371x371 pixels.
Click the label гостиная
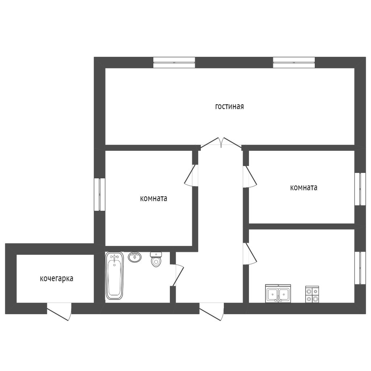click(x=229, y=107)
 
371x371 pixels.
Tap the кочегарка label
click(x=57, y=279)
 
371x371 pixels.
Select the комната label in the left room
click(x=154, y=198)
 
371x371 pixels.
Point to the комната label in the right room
click(x=304, y=188)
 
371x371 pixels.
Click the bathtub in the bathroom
click(x=114, y=276)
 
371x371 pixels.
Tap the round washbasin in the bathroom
click(x=135, y=257)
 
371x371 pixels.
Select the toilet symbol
click(x=156, y=259)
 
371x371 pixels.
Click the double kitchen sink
click(x=278, y=293)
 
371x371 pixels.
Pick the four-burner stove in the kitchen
click(x=312, y=294)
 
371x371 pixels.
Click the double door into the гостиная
click(x=221, y=143)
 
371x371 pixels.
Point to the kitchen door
click(x=250, y=254)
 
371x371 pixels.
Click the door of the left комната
click(x=191, y=175)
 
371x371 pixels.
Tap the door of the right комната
click(x=250, y=177)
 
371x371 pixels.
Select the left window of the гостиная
click(x=174, y=62)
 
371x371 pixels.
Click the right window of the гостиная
click(x=294, y=62)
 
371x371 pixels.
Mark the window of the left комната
click(x=100, y=194)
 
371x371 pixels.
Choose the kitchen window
click(x=360, y=268)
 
